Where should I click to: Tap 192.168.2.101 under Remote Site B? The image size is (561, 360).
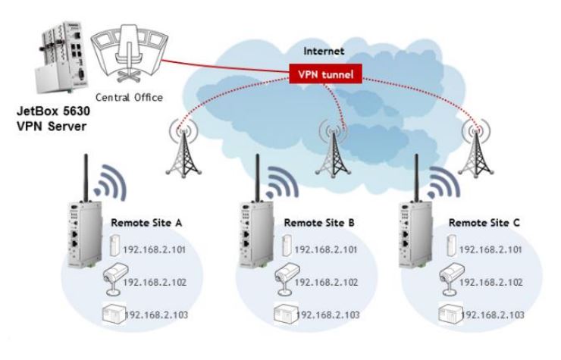coord(327,249)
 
